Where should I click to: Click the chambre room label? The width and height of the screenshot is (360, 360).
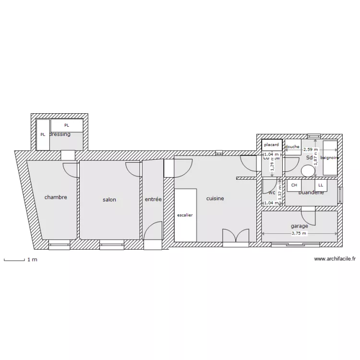pos(56,197)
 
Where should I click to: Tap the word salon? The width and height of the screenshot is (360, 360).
pos(109,200)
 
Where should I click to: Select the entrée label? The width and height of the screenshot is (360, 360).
pos(153,199)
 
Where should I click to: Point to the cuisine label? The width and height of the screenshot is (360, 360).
pos(216,198)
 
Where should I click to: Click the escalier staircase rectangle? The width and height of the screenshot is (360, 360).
pos(185,215)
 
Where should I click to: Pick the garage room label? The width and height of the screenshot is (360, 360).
pos(299,226)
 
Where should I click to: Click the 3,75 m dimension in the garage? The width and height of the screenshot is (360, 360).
pos(299,234)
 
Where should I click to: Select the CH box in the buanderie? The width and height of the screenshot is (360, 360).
pos(294,185)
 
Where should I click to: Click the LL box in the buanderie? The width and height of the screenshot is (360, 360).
pos(320,185)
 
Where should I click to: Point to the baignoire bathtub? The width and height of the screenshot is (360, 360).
pos(330,157)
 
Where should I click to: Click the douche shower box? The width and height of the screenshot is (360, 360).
pos(292,147)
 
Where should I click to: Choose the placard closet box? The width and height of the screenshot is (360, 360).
pos(271,144)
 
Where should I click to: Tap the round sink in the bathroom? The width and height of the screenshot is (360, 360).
pos(307,170)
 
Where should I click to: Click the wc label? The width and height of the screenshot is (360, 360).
pos(272,193)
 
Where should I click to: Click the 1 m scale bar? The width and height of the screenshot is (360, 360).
pos(14,260)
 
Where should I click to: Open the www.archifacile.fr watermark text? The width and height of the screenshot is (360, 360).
pos(335,259)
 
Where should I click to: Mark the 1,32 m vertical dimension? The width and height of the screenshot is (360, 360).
pos(280,191)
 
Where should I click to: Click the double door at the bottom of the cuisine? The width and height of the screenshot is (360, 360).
pos(236,237)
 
